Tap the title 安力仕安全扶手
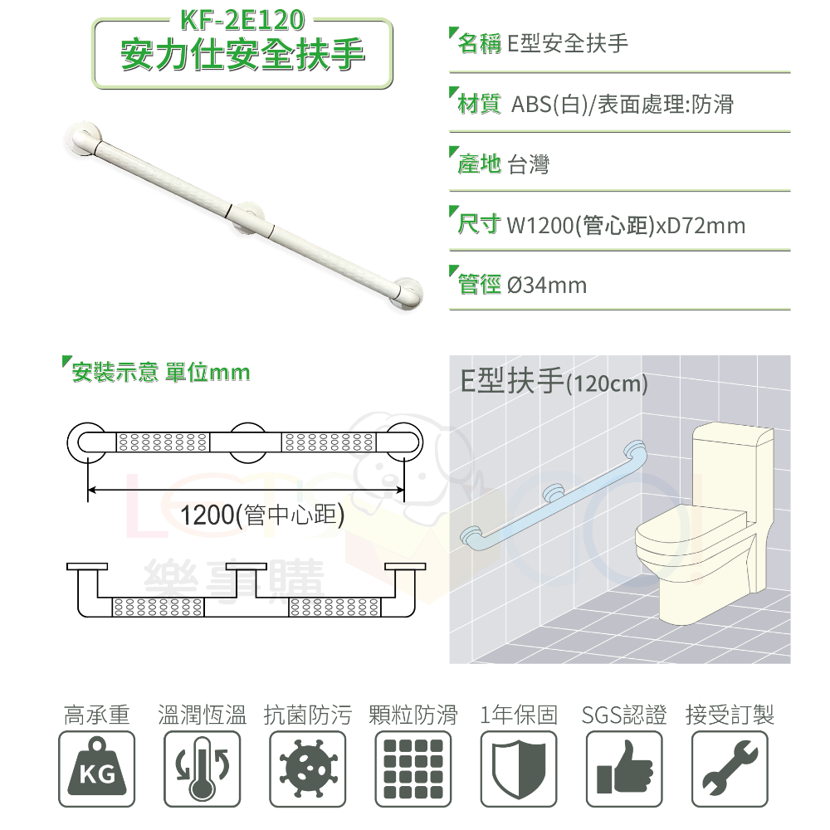242,56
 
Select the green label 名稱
480,44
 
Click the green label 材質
480,105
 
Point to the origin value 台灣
528,164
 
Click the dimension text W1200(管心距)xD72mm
626,225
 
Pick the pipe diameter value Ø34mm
546,286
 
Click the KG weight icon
97,769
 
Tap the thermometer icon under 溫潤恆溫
202,769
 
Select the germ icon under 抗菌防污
308,769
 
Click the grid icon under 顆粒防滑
413,769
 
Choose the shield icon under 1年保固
518,769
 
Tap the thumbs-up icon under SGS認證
624,769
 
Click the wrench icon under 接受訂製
730,769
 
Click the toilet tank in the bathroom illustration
734,465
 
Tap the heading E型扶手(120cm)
554,382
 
